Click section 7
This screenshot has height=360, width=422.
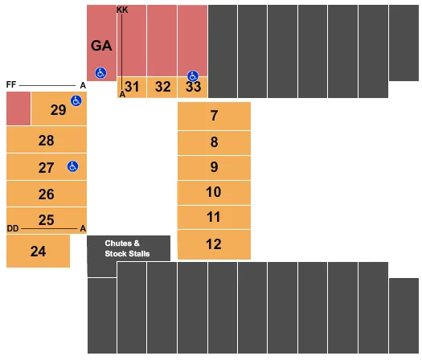[x=214, y=116]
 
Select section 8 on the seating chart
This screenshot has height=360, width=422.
[x=214, y=142]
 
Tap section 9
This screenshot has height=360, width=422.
[x=214, y=167]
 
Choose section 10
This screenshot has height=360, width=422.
[x=214, y=192]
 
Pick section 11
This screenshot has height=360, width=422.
[x=214, y=217]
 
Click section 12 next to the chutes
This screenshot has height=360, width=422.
[x=214, y=244]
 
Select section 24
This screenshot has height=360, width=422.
[x=38, y=252]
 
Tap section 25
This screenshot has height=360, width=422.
[x=46, y=219]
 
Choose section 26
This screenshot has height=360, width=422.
[x=46, y=194]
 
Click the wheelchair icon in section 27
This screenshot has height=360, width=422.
[x=72, y=166]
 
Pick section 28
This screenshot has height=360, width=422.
[x=46, y=141]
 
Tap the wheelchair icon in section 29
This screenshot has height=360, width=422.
[x=76, y=100]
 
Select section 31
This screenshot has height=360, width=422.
[x=133, y=87]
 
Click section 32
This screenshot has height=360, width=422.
[x=162, y=87]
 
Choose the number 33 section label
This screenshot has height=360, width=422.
[x=193, y=87]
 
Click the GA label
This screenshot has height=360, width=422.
[x=101, y=46]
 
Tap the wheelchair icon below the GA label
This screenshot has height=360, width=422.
[x=101, y=72]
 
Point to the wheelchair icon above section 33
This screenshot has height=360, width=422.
[x=193, y=76]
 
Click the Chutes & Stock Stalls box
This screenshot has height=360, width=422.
[x=129, y=248]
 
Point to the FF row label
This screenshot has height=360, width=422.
[x=11, y=84]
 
